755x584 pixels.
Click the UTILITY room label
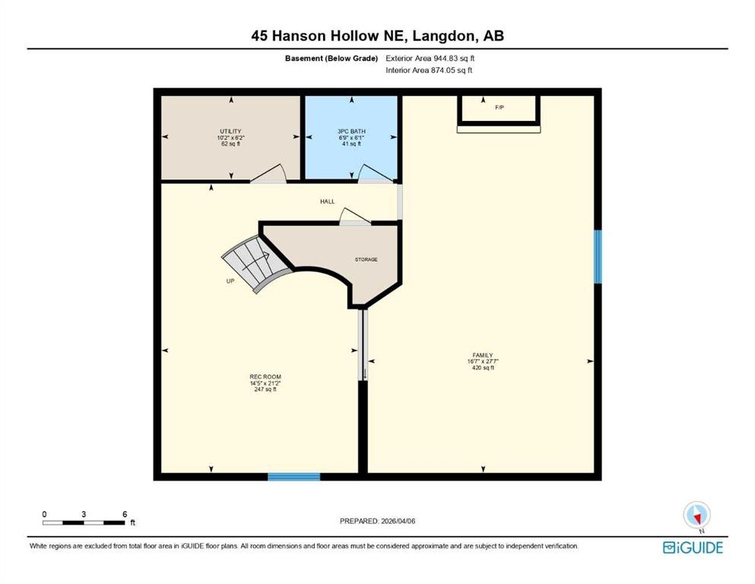230,131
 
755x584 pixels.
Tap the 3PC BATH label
351,131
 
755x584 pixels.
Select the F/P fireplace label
500,107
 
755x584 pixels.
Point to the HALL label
328,202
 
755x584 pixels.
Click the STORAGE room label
366,259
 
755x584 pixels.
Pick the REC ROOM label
265,376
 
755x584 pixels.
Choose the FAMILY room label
483,355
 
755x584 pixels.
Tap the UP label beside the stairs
230,281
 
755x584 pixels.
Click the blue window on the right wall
598,256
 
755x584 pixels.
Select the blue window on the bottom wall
293,477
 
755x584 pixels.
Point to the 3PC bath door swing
376,174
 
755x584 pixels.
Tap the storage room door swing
355,217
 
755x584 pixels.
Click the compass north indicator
696,516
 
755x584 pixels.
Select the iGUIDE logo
693,547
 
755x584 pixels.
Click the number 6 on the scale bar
125,514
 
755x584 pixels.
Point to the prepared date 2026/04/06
398,521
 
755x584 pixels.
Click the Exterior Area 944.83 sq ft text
430,59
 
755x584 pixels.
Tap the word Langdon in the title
443,36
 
